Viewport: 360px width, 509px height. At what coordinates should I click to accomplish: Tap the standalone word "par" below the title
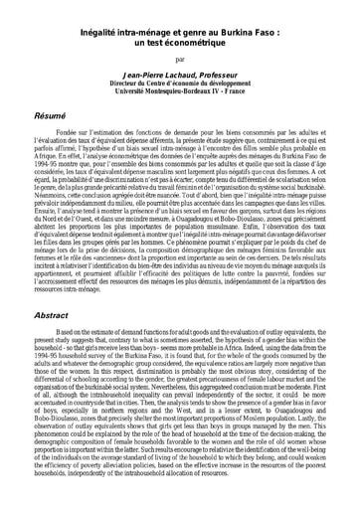179,59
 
